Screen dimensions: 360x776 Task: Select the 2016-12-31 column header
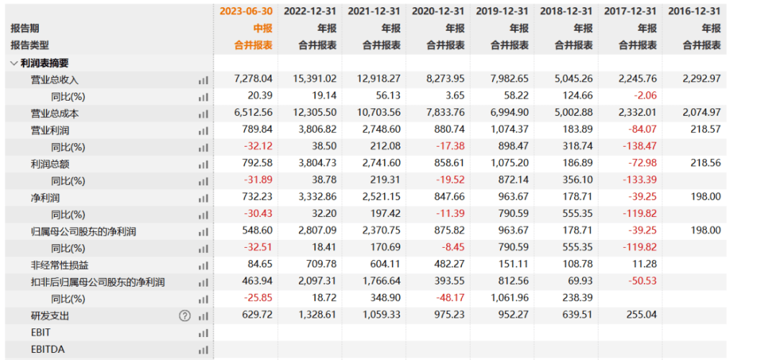point(694,11)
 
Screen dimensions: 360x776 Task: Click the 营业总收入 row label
point(54,80)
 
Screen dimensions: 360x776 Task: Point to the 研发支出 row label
point(50,315)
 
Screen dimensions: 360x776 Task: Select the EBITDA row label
point(43,349)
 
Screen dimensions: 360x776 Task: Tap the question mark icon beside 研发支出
point(185,315)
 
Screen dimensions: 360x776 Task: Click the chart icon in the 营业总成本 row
point(203,114)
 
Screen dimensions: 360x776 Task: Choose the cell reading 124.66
point(576,96)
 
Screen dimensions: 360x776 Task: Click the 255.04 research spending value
point(641,315)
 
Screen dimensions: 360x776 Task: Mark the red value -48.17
point(451,299)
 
